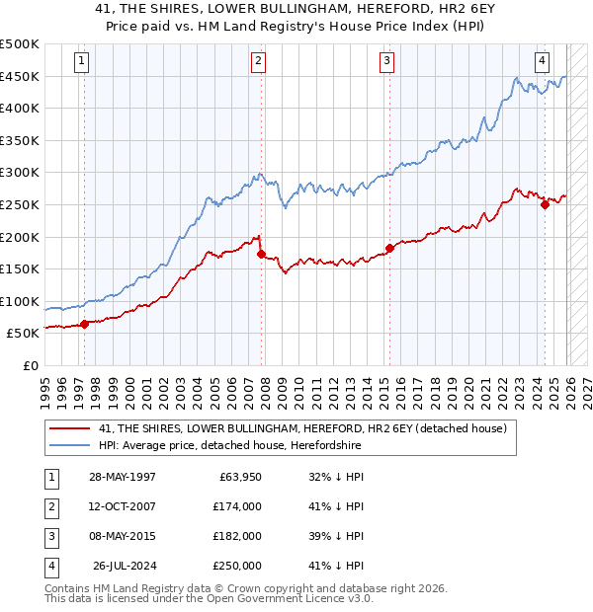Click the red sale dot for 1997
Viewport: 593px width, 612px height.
84,323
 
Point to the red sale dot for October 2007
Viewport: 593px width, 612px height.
261,254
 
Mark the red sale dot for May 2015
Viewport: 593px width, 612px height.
389,248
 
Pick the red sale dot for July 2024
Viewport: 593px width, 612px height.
545,204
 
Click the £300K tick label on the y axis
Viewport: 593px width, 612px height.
20,173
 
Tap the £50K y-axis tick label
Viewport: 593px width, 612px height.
24,334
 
